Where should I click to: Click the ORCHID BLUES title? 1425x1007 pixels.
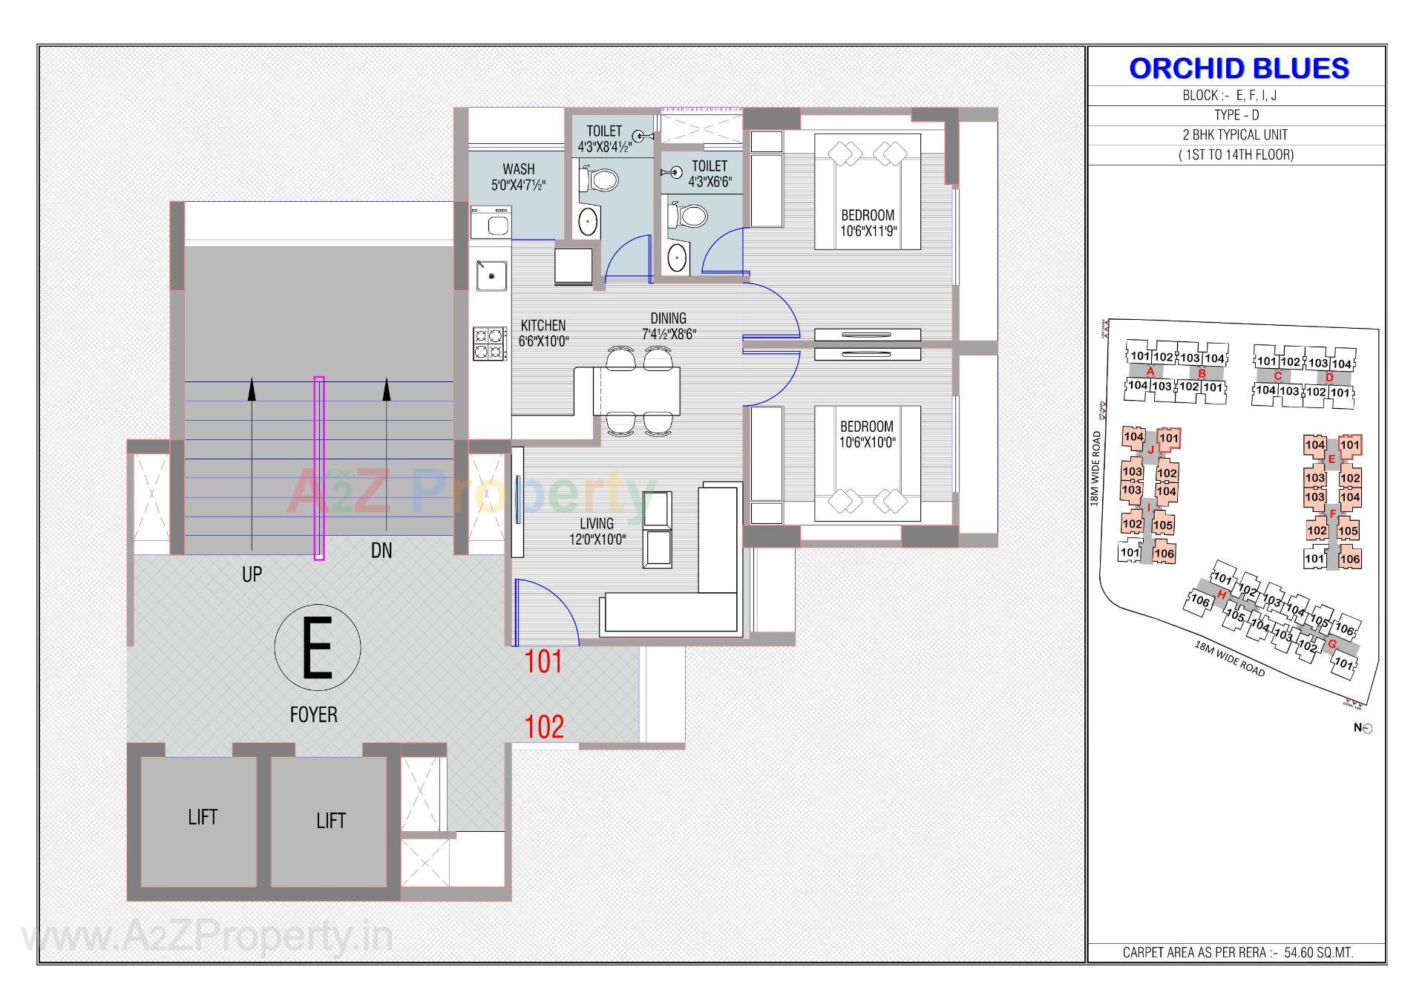click(1238, 68)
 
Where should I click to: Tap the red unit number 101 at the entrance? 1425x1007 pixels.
click(543, 662)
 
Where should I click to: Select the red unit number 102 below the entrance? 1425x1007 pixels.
click(544, 727)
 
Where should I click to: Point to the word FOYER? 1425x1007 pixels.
click(313, 715)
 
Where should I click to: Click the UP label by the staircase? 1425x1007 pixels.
click(252, 574)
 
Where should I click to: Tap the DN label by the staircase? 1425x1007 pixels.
click(381, 551)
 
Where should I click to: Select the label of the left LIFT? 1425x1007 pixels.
click(202, 817)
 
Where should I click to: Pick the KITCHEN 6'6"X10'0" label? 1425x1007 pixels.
click(543, 333)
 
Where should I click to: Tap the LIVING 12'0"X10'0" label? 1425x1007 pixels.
click(597, 531)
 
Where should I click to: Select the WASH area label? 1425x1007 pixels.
click(518, 177)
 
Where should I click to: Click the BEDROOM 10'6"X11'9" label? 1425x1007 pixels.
click(868, 223)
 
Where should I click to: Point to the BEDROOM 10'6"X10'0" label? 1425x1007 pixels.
click(867, 434)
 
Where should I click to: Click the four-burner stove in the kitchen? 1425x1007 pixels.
click(490, 344)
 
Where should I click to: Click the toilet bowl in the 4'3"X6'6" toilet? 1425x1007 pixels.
click(687, 216)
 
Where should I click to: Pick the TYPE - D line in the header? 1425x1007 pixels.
click(1236, 115)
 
